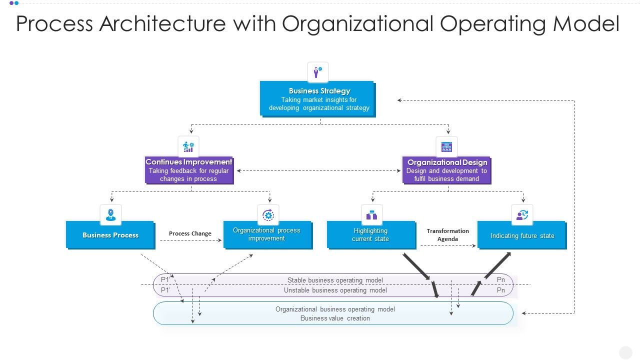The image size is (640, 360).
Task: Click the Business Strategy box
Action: [317, 99]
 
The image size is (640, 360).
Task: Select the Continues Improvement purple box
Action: [189, 170]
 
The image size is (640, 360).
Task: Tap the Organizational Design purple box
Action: [446, 170]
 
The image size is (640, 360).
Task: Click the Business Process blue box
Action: [110, 235]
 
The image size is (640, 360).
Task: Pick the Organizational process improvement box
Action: [267, 234]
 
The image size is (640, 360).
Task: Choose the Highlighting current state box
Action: [371, 235]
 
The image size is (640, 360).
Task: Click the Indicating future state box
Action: [522, 235]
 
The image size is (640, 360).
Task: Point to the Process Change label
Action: [190, 233]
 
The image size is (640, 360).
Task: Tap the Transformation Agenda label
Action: [447, 235]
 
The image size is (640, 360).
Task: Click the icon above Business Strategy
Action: [317, 72]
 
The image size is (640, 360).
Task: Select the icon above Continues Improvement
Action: [188, 146]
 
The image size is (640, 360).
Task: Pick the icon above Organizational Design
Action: [446, 147]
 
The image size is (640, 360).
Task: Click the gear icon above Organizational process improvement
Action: [268, 215]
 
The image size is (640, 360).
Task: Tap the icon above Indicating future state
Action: [522, 215]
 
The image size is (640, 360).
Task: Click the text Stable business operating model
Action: [335, 280]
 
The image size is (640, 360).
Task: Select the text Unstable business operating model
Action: [335, 290]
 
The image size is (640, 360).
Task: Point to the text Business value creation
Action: [335, 318]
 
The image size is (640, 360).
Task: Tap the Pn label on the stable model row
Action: [500, 280]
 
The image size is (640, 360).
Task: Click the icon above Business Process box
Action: [110, 215]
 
